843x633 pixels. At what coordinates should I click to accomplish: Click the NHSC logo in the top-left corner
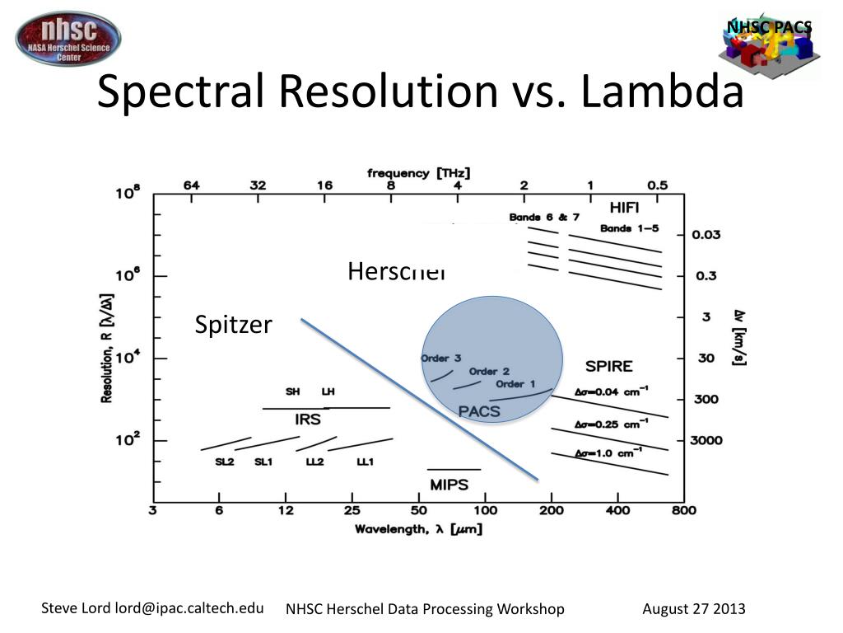68,39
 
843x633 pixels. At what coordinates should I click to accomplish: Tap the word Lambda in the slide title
662,92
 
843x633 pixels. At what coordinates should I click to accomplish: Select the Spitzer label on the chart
233,325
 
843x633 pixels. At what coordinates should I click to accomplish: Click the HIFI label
623,207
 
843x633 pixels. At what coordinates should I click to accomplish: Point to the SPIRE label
608,366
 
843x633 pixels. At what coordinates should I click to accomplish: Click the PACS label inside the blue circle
479,411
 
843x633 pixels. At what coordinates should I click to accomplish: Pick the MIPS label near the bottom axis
449,485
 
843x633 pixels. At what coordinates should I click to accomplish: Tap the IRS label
307,420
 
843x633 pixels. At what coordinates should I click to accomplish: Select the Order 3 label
440,359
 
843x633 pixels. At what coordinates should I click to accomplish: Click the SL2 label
225,462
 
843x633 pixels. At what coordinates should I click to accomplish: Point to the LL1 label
365,462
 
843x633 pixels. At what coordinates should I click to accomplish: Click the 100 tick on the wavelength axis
485,510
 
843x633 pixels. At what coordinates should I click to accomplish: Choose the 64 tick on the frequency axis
191,185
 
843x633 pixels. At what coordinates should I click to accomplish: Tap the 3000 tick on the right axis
706,440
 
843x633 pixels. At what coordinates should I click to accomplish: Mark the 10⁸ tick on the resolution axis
128,194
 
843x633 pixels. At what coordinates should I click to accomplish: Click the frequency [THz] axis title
419,173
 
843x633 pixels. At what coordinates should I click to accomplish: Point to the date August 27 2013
693,609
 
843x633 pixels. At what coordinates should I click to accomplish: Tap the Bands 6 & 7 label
538,218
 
